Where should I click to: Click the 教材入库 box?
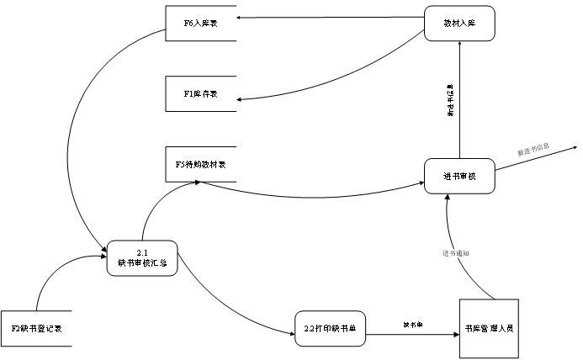[x=459, y=24]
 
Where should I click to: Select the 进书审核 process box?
[x=459, y=176]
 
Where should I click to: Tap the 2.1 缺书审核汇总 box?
[x=142, y=258]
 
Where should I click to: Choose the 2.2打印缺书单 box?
[x=331, y=328]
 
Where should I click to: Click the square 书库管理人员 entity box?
[x=489, y=328]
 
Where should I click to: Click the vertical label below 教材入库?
[x=450, y=100]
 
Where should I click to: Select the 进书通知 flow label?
[x=456, y=253]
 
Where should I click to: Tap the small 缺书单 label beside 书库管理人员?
[x=412, y=325]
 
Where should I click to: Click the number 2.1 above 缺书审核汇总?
[x=142, y=253]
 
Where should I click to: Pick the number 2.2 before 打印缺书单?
[x=310, y=328]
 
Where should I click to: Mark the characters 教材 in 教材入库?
[x=451, y=24]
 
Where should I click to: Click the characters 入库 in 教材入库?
[x=468, y=24]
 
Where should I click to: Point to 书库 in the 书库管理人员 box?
[x=471, y=328]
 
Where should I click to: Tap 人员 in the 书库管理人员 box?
[x=506, y=328]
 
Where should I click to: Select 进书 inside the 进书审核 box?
[x=451, y=176]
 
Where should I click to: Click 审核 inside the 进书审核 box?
[x=468, y=176]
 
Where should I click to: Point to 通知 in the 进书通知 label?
[x=463, y=253]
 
